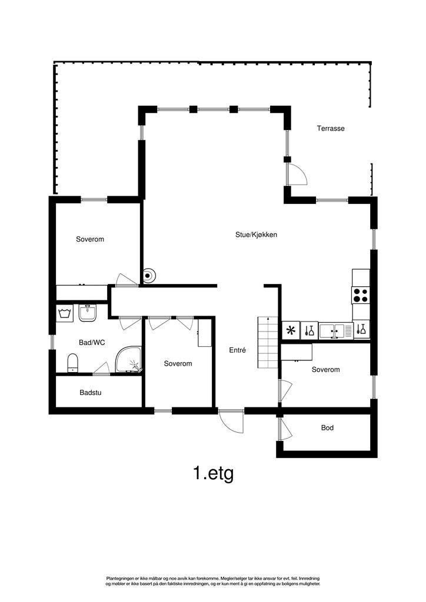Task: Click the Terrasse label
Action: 331,128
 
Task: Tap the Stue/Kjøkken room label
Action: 256,235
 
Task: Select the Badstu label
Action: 90,392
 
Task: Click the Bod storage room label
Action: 327,427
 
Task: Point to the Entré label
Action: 237,350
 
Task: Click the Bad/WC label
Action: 92,342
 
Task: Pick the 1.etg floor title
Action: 213,473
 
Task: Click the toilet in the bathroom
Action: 72,362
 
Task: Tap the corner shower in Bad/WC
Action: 129,360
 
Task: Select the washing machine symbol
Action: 64,312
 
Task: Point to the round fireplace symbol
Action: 149,275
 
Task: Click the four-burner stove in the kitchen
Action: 360,295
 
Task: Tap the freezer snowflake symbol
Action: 291,330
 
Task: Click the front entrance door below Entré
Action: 231,421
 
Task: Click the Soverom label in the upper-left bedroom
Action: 90,239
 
